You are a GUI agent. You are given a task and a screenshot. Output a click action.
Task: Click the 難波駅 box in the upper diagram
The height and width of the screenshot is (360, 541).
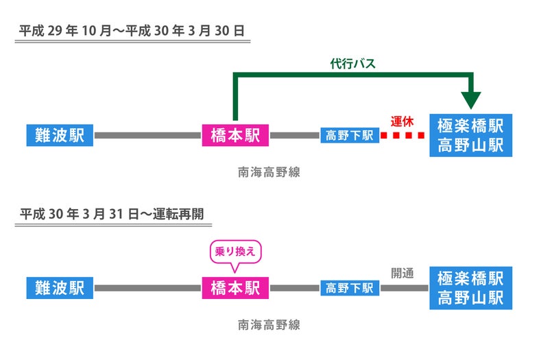[x=59, y=135]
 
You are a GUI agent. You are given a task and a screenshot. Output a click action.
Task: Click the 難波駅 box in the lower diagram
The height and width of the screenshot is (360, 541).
[x=59, y=287]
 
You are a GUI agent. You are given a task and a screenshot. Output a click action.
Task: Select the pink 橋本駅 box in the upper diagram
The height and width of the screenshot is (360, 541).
[x=235, y=135]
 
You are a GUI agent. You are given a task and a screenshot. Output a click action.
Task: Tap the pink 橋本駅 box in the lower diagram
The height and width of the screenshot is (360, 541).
[x=235, y=287]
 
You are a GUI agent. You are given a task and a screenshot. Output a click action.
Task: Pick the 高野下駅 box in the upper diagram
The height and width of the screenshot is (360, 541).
[x=350, y=135]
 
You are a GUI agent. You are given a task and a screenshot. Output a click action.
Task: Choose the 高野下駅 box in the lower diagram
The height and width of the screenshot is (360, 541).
[x=350, y=288]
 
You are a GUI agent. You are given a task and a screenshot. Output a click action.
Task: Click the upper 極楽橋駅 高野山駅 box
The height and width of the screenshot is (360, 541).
[x=470, y=135]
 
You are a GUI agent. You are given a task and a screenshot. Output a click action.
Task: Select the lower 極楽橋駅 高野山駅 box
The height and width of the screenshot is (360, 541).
[x=470, y=287]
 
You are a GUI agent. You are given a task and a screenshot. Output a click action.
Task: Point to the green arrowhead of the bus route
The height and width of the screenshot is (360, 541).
[x=470, y=100]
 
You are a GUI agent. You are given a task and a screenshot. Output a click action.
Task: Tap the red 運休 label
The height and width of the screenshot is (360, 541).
[x=403, y=121]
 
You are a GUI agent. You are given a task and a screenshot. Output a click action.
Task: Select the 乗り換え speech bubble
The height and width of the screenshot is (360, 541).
[x=235, y=252]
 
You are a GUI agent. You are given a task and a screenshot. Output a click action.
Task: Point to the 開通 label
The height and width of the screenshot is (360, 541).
[x=402, y=273]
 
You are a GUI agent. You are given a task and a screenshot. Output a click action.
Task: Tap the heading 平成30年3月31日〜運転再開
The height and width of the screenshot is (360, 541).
[x=112, y=213]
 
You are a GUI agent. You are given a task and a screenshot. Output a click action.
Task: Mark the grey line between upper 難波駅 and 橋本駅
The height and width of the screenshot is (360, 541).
[x=148, y=135]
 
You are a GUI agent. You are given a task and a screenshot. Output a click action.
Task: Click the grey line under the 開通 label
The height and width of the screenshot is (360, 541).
[x=405, y=288]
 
